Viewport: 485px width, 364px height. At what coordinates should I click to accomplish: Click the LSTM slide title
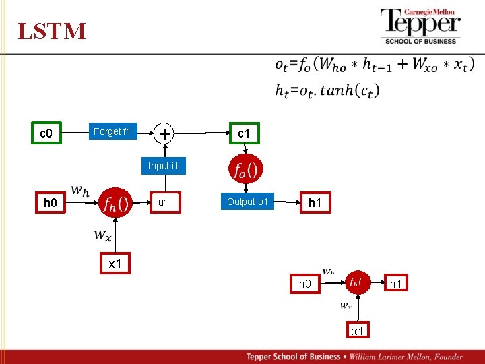(x=52, y=31)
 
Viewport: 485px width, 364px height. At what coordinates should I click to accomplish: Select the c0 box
(x=46, y=133)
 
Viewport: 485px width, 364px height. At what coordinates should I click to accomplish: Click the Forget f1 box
(x=112, y=132)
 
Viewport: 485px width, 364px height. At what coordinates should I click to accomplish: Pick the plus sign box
(x=163, y=133)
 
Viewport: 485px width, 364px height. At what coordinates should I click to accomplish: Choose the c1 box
(x=244, y=133)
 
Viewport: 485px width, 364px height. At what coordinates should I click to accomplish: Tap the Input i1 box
(x=163, y=166)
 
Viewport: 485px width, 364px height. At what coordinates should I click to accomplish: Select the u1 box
(x=163, y=202)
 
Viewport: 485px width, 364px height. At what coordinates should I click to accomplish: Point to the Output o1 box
(x=248, y=202)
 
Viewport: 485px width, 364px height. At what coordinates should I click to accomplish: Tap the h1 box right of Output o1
(x=315, y=202)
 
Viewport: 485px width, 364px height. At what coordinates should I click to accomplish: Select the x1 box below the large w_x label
(x=115, y=264)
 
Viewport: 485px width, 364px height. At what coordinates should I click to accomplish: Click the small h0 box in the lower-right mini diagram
(x=305, y=284)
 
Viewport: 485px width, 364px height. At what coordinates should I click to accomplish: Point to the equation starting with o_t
(x=374, y=65)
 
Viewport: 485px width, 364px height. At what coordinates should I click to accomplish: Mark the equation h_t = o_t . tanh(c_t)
(x=327, y=90)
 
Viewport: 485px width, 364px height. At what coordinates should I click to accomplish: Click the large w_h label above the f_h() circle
(x=80, y=191)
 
